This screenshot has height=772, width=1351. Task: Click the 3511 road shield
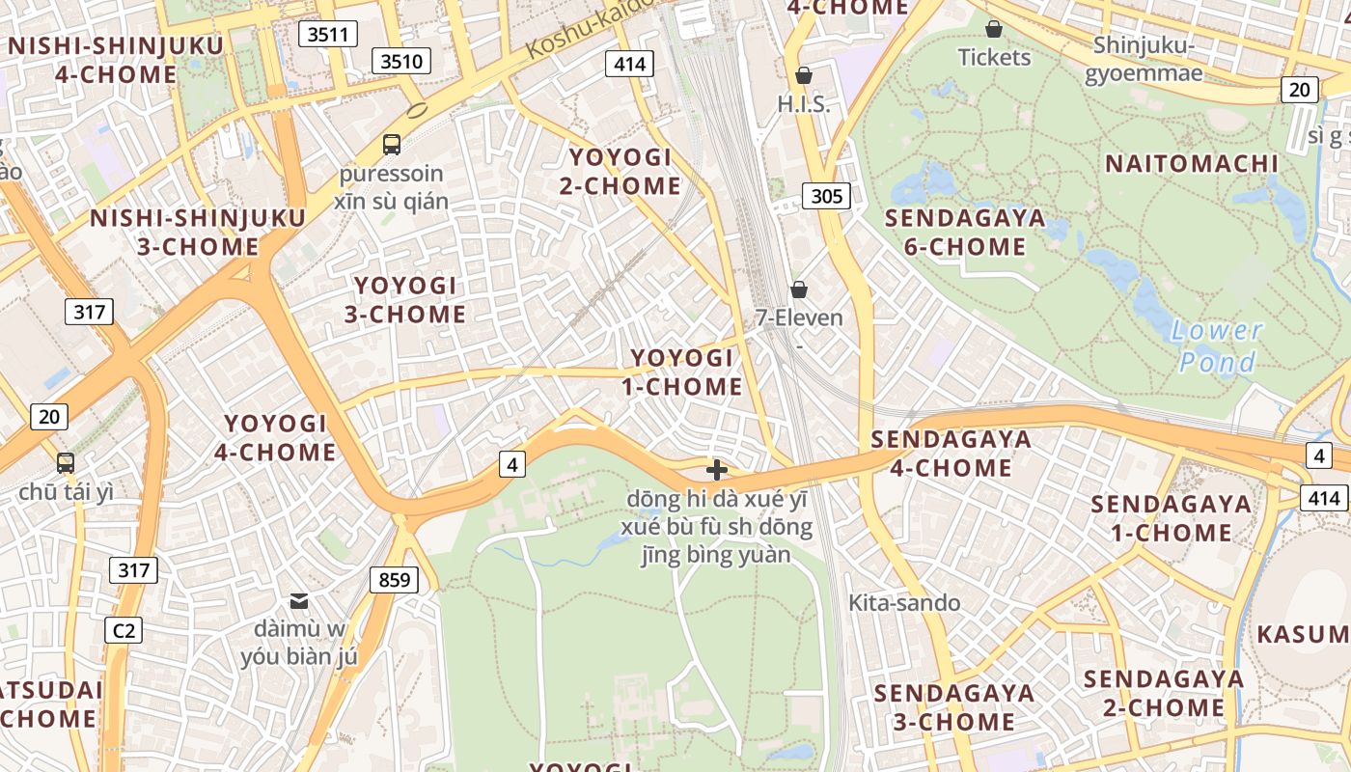[x=328, y=35]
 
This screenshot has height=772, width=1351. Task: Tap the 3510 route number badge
[x=401, y=62]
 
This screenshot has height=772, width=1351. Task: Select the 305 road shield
[x=826, y=197]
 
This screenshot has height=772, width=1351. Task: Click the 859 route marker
[x=394, y=580]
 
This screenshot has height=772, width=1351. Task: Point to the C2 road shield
[x=124, y=631]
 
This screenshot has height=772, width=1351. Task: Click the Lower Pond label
[x=1217, y=346]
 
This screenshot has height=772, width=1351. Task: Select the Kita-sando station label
[x=904, y=603]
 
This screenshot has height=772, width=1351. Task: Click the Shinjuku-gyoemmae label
[x=1144, y=59]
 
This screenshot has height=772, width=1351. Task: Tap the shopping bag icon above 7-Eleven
[x=799, y=289]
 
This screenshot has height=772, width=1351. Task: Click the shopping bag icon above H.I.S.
[x=803, y=74]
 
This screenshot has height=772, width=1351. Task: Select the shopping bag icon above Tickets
[x=994, y=29]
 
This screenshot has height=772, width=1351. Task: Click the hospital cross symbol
[x=716, y=470]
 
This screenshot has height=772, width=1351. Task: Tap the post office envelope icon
[x=299, y=600]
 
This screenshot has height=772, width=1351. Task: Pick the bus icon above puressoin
[x=391, y=145]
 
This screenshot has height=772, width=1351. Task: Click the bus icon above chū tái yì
[x=66, y=462]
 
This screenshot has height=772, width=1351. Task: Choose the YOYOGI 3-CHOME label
[x=405, y=299]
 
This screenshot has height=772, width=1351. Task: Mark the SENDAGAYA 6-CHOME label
[x=965, y=232]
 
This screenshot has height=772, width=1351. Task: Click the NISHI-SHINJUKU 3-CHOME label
[x=198, y=232]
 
